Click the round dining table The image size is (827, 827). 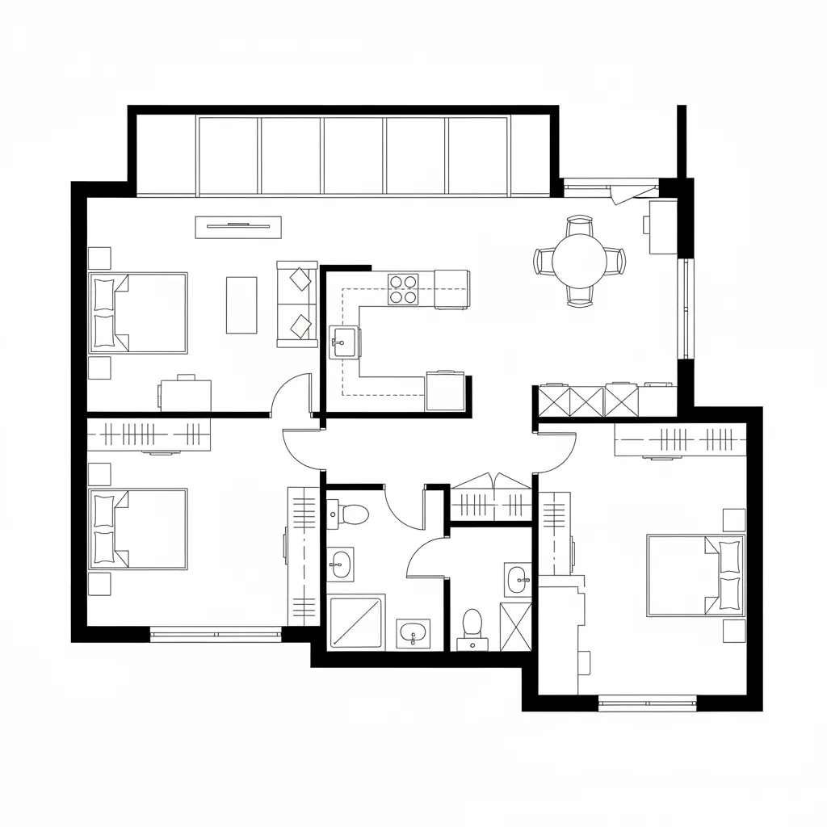(579, 260)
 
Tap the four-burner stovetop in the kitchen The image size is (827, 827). (404, 289)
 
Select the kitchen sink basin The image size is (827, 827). (342, 342)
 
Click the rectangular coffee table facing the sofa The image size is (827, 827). (241, 304)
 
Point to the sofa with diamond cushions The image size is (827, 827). (297, 304)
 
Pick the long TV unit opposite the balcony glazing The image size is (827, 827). (238, 227)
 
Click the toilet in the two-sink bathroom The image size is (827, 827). (350, 513)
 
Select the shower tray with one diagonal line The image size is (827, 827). (357, 622)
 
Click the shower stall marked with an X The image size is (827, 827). (515, 626)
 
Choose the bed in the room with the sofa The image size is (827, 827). (139, 313)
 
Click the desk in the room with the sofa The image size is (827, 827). (185, 395)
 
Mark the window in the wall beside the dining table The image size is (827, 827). (686, 308)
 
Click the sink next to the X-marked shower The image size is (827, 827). (518, 578)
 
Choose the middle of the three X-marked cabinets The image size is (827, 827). (586, 401)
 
